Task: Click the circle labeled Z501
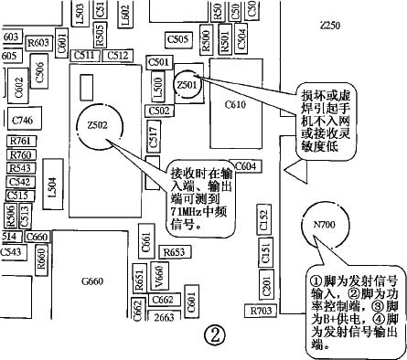pos(188,85)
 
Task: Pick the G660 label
pos(93,281)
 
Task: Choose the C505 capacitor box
pos(178,39)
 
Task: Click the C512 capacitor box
pos(117,56)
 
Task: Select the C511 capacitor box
pos(86,56)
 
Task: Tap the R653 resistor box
pos(173,251)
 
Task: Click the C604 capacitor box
pos(244,166)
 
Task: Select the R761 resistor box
pos(20,141)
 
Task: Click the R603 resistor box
pos(38,42)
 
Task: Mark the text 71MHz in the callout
pos(188,209)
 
